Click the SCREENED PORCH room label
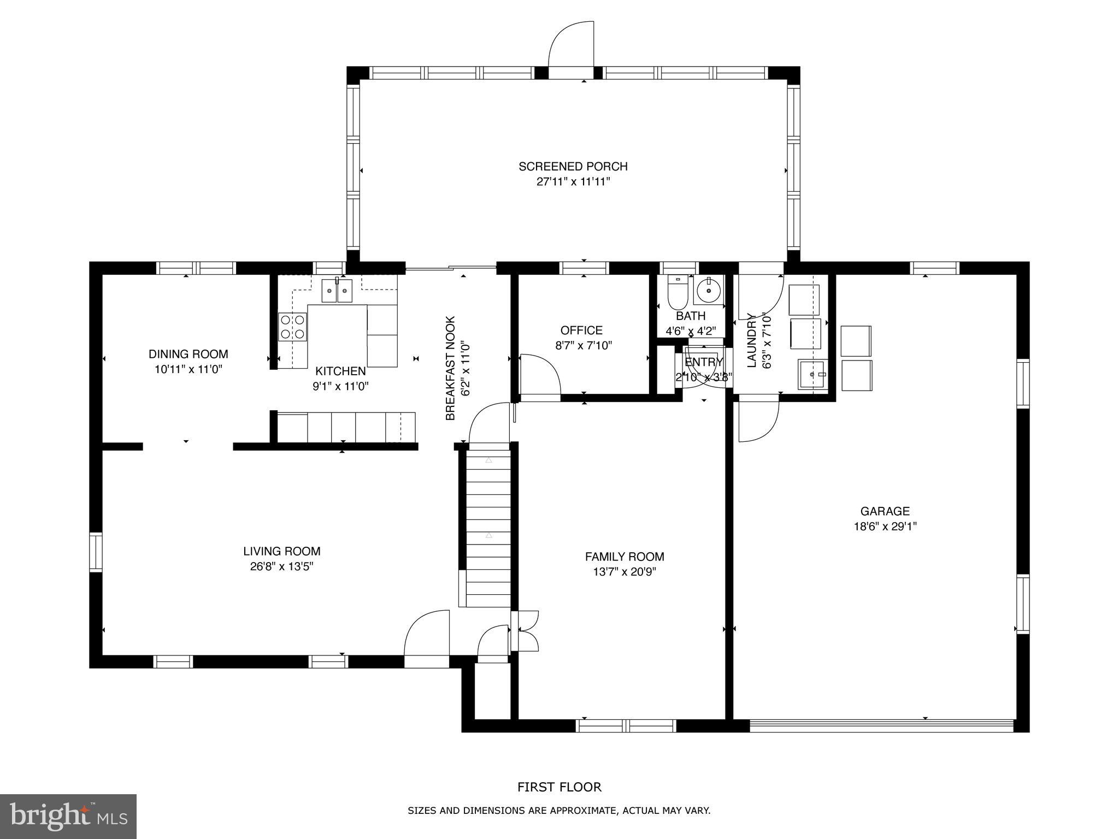point(573,166)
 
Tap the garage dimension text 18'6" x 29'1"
point(885,527)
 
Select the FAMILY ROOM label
point(625,557)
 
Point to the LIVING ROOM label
point(282,551)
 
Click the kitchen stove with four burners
point(292,327)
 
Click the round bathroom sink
point(709,290)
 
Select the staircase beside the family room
point(488,527)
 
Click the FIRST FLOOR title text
point(559,787)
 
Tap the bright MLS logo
point(68,817)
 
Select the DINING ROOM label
point(188,354)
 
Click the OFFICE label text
point(581,330)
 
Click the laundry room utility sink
point(812,374)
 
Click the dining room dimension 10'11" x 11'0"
point(188,369)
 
